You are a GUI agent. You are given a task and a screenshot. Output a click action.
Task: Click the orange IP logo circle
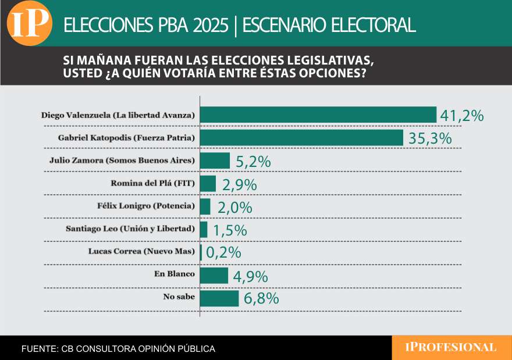tap(29, 24)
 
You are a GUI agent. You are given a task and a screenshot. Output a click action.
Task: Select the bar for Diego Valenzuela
tap(318, 115)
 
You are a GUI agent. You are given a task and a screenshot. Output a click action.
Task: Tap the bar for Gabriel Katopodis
tap(301, 138)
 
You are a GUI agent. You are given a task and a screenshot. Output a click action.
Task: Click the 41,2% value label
tap(462, 116)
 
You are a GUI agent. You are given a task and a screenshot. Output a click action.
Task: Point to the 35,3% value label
tap(429, 139)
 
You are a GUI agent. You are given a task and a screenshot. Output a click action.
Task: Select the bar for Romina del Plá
tap(208, 184)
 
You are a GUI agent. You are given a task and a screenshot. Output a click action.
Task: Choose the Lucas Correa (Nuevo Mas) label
tap(141, 252)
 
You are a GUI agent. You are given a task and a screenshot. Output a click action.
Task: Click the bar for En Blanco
tap(214, 275)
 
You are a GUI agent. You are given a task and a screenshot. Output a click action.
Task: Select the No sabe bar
tap(219, 298)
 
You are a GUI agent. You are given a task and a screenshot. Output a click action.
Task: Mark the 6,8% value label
tap(262, 299)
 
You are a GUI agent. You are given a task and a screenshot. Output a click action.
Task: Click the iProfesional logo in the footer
tap(451, 348)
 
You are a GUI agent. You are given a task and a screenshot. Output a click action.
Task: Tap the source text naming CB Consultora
tap(118, 349)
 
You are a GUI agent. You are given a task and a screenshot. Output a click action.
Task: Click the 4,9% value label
tap(250, 276)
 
